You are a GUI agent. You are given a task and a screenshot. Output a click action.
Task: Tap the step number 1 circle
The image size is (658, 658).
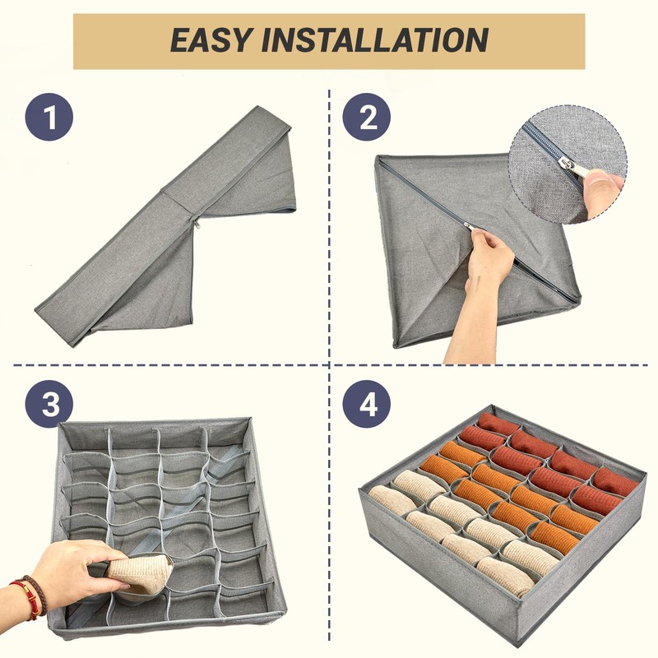[x=49, y=116]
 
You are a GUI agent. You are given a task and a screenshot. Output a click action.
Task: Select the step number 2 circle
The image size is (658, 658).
[x=366, y=116]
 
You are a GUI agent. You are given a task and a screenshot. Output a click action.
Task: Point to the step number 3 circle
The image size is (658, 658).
[x=49, y=405]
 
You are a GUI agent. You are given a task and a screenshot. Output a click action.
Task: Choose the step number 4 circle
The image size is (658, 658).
[x=366, y=405]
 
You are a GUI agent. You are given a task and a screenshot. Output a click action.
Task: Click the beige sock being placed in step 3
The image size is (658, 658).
[x=141, y=575]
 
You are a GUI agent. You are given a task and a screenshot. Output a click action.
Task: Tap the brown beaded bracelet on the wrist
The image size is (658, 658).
[x=37, y=594]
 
